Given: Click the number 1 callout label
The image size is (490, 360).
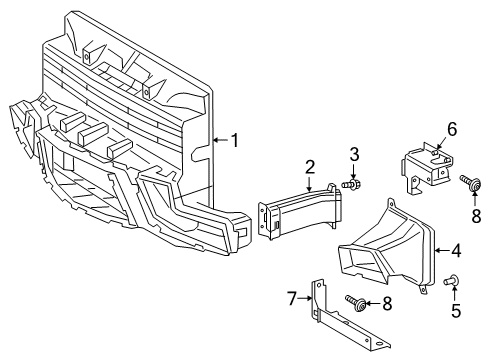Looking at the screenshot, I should pyautogui.click(x=235, y=140).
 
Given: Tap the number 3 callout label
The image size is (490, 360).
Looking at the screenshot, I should pyautogui.click(x=354, y=153).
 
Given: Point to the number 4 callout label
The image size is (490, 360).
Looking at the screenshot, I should pyautogui.click(x=457, y=251).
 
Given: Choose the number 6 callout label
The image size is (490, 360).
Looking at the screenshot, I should pyautogui.click(x=451, y=129).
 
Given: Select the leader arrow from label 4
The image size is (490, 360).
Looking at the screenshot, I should pyautogui.click(x=442, y=251).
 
